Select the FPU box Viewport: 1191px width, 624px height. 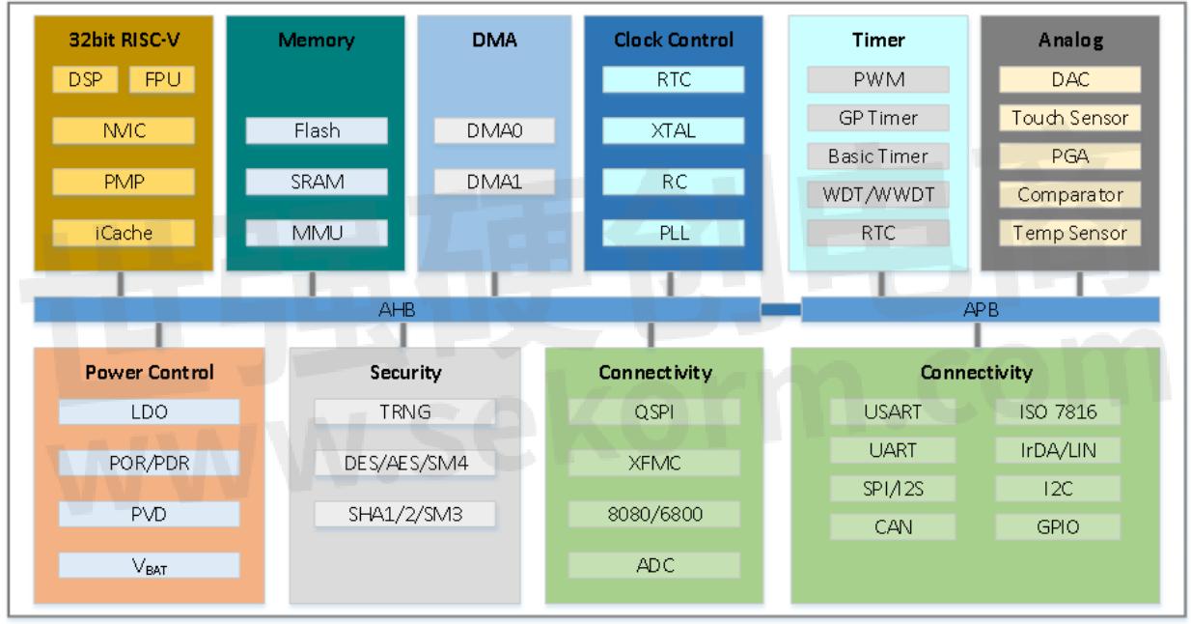pyautogui.click(x=162, y=79)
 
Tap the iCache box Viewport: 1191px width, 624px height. pyautogui.click(x=124, y=233)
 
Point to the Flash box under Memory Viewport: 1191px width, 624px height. pyautogui.click(x=317, y=130)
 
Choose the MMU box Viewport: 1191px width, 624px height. pyautogui.click(x=317, y=233)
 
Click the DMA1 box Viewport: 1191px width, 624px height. pyautogui.click(x=494, y=182)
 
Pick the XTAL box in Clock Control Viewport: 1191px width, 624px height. pyautogui.click(x=674, y=130)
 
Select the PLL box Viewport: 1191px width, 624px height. pyautogui.click(x=674, y=233)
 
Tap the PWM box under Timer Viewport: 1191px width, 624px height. pyautogui.click(x=878, y=79)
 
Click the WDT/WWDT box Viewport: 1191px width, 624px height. pyautogui.click(x=878, y=194)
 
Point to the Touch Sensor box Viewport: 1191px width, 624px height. pyautogui.click(x=1069, y=118)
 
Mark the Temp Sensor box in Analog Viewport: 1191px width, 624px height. pyautogui.click(x=1069, y=233)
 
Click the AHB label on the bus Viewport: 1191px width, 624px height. pyautogui.click(x=397, y=309)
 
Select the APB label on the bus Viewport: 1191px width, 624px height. pyautogui.click(x=979, y=309)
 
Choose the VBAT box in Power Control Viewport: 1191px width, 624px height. pyautogui.click(x=149, y=566)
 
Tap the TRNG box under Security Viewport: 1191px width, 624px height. pyautogui.click(x=405, y=412)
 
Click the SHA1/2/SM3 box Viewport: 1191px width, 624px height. pyautogui.click(x=405, y=514)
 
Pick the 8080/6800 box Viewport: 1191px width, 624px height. pyautogui.click(x=653, y=514)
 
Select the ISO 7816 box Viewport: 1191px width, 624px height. pyautogui.click(x=1058, y=412)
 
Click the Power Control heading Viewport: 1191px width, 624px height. pyautogui.click(x=150, y=373)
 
